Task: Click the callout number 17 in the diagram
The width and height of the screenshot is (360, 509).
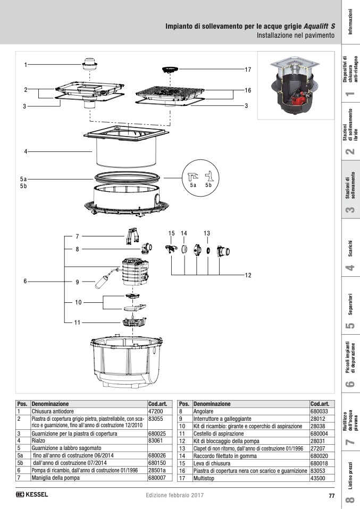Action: [x=248, y=70]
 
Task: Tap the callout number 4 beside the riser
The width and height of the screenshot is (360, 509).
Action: [x=25, y=151]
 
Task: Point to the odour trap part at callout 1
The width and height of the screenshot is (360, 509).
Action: [x=90, y=64]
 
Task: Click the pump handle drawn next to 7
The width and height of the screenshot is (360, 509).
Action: [x=132, y=236]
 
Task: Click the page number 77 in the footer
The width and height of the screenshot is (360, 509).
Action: [x=331, y=496]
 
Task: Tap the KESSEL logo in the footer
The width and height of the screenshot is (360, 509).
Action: [x=32, y=495]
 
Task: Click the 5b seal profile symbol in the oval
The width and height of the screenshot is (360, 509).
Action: [x=208, y=176]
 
